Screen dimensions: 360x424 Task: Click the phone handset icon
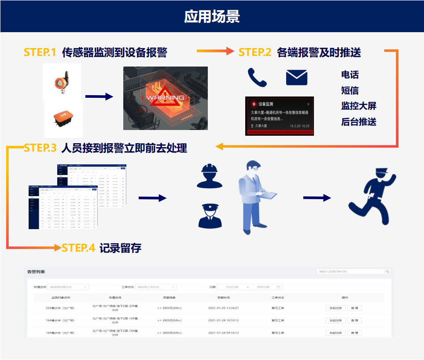(257, 78)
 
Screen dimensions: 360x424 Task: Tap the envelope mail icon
(296, 78)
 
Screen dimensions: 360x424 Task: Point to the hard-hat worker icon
(209, 175)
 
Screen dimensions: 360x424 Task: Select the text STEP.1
(40, 52)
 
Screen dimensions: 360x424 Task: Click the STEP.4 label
(78, 248)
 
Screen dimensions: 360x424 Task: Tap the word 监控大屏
(358, 106)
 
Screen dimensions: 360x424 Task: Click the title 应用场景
(212, 16)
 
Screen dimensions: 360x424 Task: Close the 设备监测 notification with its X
(308, 104)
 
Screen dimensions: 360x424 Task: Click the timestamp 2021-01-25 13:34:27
(223, 308)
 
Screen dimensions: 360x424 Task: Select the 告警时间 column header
(223, 297)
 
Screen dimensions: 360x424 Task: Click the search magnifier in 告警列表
(387, 272)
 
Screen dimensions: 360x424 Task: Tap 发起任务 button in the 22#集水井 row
(335, 308)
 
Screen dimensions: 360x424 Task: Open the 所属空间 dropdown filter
(68, 287)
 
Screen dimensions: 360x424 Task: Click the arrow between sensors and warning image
(100, 96)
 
